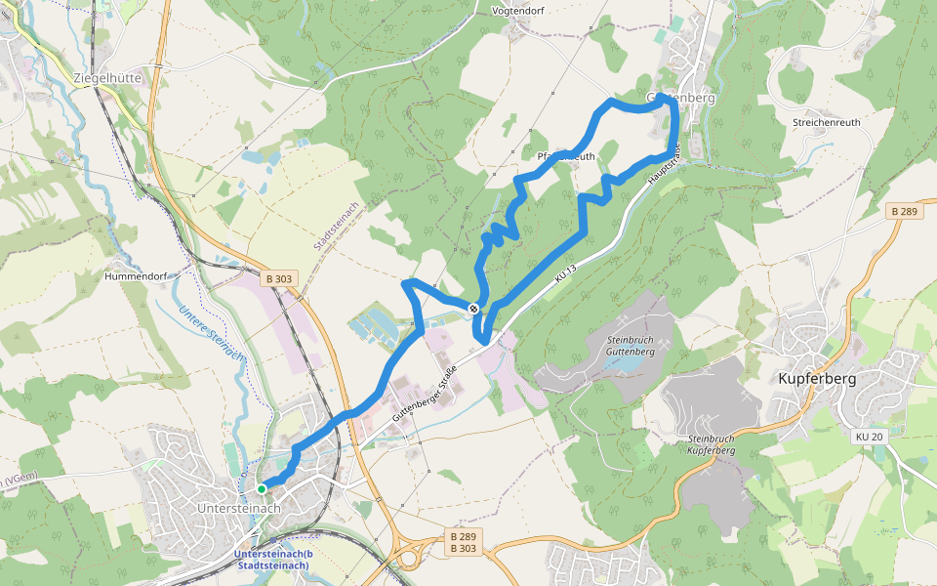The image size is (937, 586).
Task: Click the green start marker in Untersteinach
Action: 262,488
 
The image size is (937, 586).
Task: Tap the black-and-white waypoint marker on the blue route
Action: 473,310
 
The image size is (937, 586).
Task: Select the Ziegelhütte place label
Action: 108,77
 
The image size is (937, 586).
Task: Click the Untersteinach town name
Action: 239,508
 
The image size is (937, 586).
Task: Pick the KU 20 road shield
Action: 869,436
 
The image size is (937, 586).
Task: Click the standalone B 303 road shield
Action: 278,278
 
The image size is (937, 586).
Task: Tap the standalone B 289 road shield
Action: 905,211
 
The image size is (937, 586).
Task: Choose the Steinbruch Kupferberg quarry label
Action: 711,444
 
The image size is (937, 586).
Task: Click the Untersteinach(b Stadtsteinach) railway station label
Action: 272,561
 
